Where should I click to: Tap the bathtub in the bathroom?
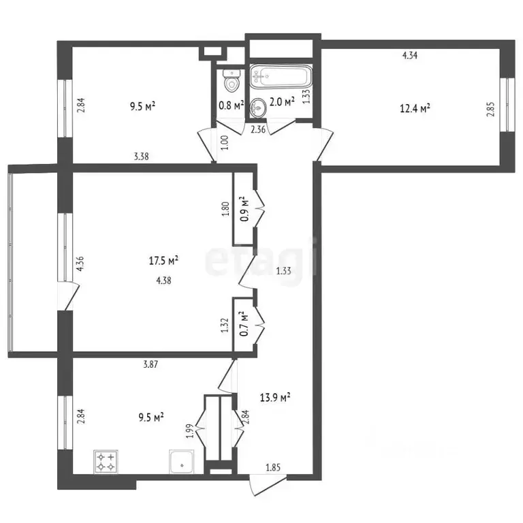pos(281,76)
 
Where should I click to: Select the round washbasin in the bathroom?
pos(257,108)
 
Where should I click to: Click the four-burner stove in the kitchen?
pos(106,462)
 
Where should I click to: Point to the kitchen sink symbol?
pos(182,462)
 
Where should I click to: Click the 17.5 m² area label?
pos(163,260)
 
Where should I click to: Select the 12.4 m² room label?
pos(415,108)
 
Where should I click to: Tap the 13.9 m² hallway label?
pos(275,397)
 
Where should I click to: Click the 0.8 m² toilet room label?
pos(231,106)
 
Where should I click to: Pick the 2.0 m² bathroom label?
pos(282,101)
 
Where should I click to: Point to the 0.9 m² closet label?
pos(245,209)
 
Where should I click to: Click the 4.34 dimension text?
pos(410,55)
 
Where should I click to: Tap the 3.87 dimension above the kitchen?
pos(150,364)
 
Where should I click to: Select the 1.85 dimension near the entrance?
pos(273,468)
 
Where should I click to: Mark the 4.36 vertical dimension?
pos(80,264)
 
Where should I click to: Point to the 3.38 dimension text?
pos(141,156)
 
